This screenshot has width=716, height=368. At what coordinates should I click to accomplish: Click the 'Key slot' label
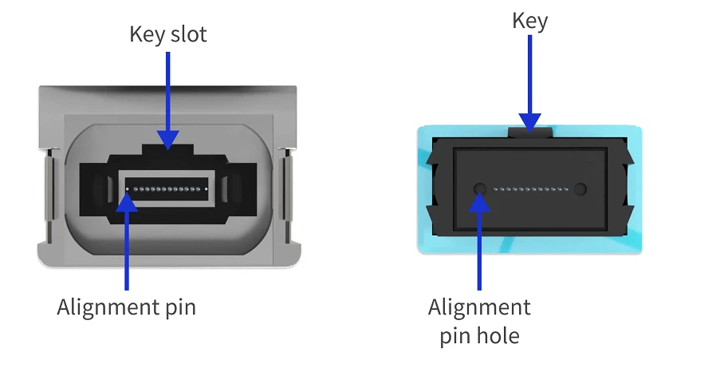168,34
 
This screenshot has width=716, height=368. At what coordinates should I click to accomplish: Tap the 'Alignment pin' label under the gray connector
127,307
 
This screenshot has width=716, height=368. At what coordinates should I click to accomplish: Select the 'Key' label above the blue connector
529,21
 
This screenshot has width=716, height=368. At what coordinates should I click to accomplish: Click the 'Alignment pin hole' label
479,321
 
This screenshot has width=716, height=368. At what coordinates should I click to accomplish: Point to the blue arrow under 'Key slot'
167,101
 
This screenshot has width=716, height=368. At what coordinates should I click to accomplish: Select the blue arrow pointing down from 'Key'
529,84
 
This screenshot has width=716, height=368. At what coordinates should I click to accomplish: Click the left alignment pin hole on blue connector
479,188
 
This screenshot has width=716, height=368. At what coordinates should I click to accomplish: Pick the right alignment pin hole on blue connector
580,188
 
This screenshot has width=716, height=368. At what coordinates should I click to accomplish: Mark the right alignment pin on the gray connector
207,189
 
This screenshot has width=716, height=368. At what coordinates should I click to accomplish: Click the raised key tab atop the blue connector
530,133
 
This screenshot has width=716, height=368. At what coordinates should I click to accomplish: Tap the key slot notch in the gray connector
167,150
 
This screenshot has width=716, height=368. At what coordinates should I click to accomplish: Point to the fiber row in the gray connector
167,189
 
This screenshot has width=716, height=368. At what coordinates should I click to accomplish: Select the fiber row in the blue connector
531,189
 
